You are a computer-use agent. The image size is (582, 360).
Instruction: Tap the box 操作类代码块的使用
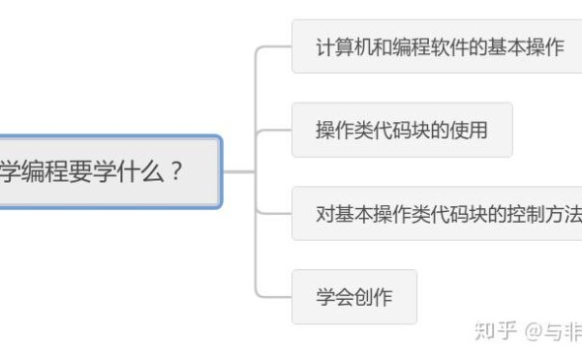coord(402,130)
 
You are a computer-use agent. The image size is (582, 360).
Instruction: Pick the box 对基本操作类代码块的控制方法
coord(445,213)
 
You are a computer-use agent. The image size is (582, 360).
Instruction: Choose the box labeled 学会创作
coord(354,297)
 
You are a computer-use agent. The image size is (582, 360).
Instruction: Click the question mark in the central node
coord(175,172)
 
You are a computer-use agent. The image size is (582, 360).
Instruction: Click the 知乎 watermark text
coord(494,330)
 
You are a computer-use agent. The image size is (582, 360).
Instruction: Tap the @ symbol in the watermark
coord(535,331)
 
